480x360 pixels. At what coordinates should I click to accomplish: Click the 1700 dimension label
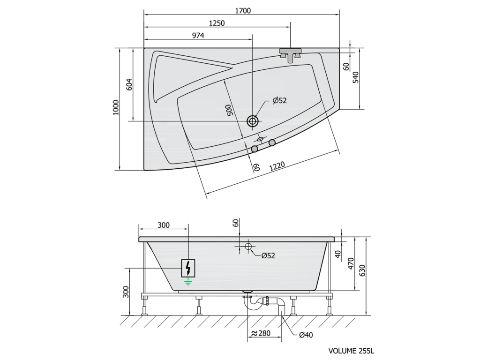(x=243, y=11)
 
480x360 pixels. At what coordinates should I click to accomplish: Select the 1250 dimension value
(x=217, y=23)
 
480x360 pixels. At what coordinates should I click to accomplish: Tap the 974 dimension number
(x=198, y=36)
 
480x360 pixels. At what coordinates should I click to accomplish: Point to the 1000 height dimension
(x=116, y=107)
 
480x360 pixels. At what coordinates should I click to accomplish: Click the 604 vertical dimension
(x=129, y=84)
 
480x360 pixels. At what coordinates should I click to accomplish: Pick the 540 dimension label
(x=356, y=77)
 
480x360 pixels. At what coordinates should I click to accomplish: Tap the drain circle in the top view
(x=253, y=121)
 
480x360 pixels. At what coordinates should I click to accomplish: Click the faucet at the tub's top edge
(x=290, y=54)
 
